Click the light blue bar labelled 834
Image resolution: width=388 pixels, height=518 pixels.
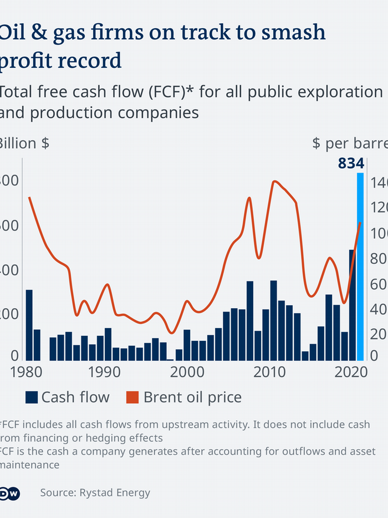tap(360, 266)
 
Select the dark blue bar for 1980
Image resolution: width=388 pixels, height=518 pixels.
tap(29, 325)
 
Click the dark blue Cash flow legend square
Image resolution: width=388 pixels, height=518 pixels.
tap(32, 397)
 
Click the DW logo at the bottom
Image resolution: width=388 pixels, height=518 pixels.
tap(10, 492)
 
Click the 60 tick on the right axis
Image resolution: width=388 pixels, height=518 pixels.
tap(378, 284)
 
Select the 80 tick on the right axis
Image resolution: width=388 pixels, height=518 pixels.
tap(378, 259)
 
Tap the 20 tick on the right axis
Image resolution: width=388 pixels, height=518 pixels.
tap(378, 334)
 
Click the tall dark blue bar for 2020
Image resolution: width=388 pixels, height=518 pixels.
tap(352, 305)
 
